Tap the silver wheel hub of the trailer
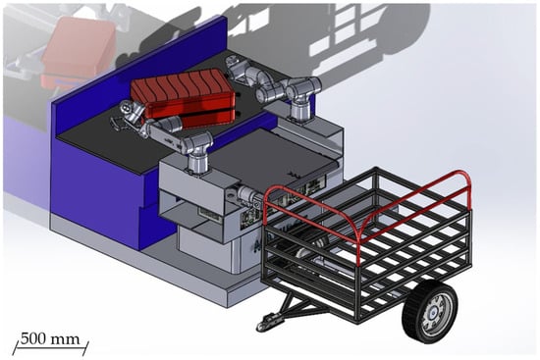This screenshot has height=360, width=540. pyautogui.click(x=436, y=314)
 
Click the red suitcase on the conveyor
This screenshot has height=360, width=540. pyautogui.click(x=185, y=97)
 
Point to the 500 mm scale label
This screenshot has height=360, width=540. pyautogui.click(x=50, y=339)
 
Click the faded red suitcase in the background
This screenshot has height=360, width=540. pyautogui.click(x=78, y=52)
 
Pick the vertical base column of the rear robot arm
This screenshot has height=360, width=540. pyautogui.click(x=300, y=110)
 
